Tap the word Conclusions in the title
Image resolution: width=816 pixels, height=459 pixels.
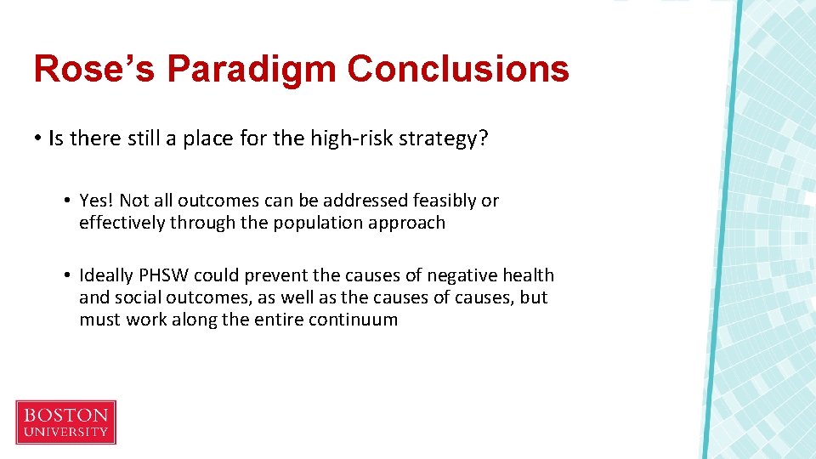[x=458, y=69]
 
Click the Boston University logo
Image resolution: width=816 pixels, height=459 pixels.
[x=65, y=422]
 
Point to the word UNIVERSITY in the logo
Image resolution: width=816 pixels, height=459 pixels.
[x=65, y=433]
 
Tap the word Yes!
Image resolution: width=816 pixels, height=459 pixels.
[x=97, y=201]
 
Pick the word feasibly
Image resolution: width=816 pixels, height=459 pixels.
[x=445, y=201]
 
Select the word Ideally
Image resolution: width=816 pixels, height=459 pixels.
[x=106, y=275]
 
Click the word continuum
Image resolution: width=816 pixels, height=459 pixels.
[x=357, y=320]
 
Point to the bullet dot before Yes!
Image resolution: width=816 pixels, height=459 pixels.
[x=65, y=201]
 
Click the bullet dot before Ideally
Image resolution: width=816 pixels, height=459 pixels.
[x=65, y=276]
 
